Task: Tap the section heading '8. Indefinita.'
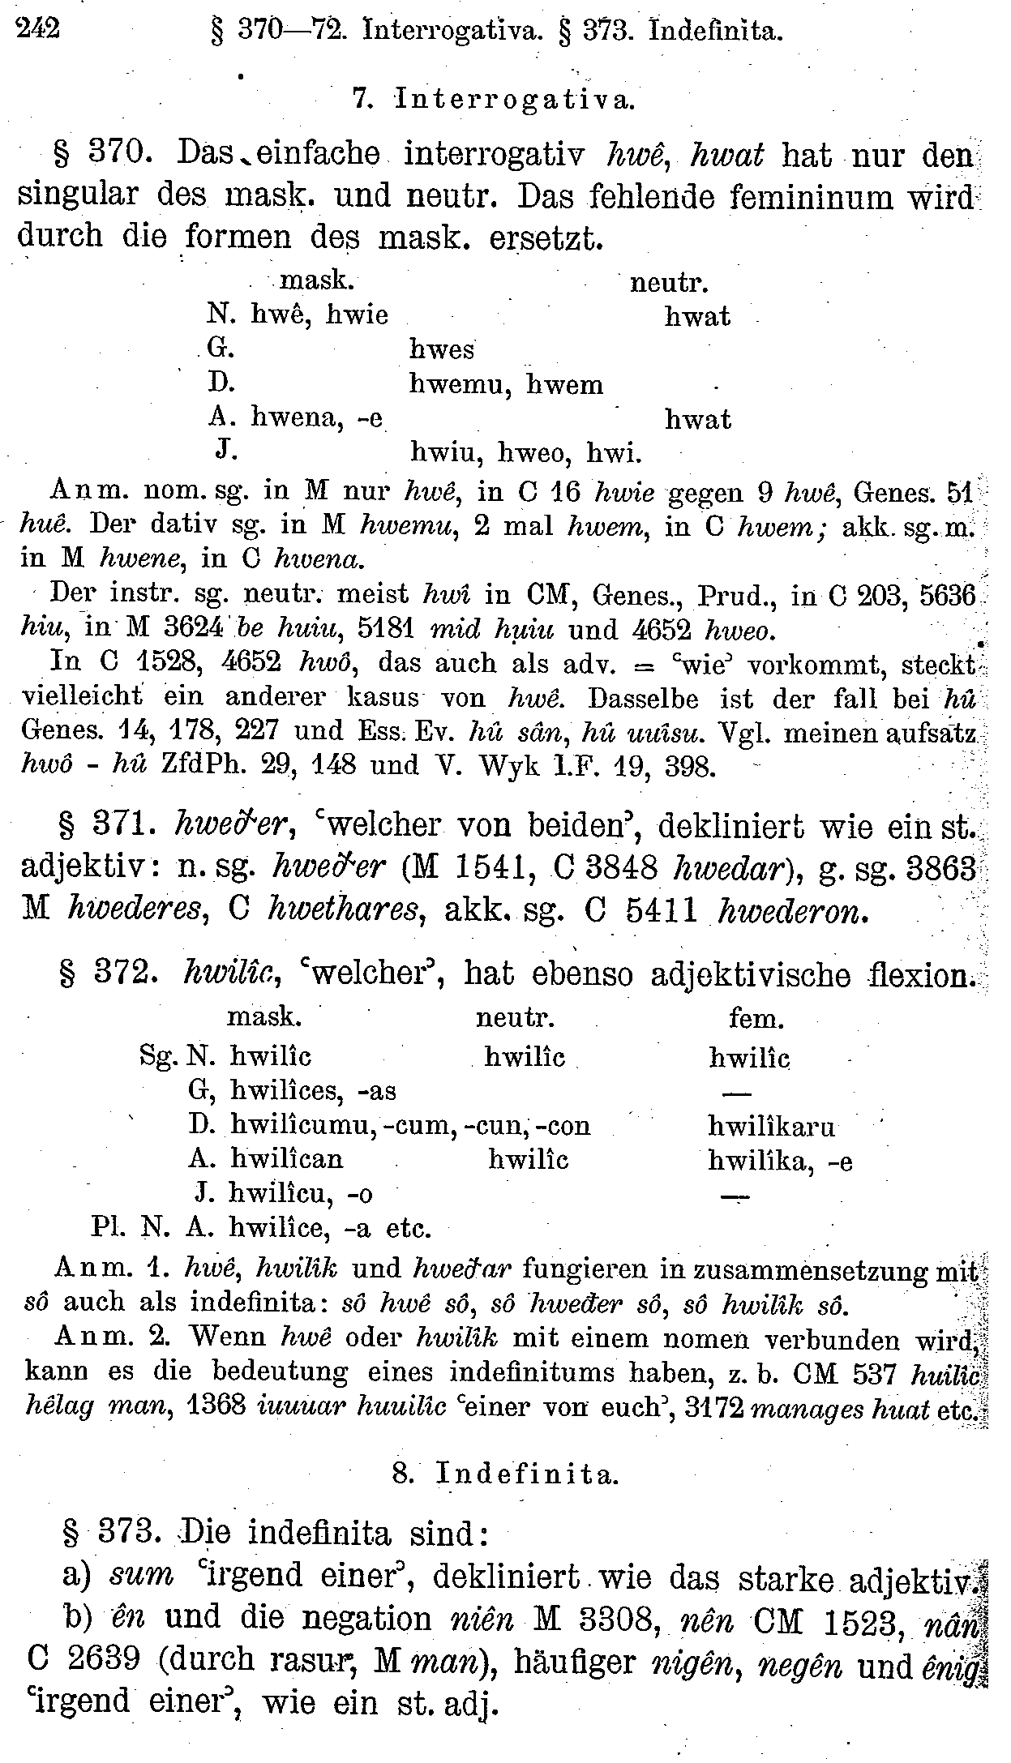tap(506, 1474)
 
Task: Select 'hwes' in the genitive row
tap(442, 349)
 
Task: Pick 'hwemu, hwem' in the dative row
tap(507, 383)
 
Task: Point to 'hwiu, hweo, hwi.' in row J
tap(526, 453)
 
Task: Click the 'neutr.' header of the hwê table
tap(670, 282)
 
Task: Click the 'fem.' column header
tap(756, 1017)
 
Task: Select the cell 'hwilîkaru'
tap(771, 1126)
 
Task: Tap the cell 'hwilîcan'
tap(286, 1159)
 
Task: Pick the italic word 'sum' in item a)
tap(141, 1574)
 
